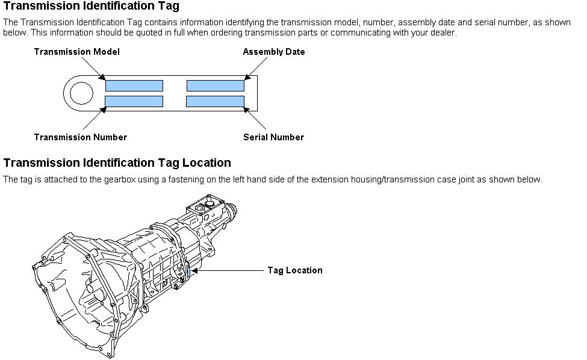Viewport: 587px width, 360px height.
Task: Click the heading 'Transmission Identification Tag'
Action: click(91, 7)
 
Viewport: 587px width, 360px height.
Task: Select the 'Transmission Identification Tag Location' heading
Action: click(117, 163)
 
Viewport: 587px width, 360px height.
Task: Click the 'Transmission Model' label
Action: click(76, 52)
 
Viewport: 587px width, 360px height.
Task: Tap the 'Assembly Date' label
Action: click(273, 52)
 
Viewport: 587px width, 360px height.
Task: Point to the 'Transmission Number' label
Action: click(80, 137)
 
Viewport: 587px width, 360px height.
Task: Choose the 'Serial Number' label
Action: click(273, 137)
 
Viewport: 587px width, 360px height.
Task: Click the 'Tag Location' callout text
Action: click(294, 270)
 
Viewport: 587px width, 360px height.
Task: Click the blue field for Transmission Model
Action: click(134, 85)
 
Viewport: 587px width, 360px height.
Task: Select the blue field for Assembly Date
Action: click(215, 85)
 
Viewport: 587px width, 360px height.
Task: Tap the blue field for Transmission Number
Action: click(134, 101)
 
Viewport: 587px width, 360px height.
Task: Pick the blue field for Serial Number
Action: click(215, 101)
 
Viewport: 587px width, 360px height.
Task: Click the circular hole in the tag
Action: click(81, 93)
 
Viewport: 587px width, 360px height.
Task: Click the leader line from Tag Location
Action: click(229, 271)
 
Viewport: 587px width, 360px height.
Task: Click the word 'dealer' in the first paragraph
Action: click(443, 33)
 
